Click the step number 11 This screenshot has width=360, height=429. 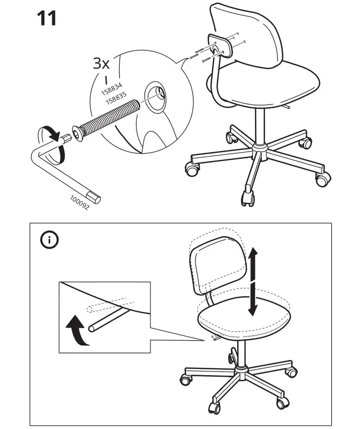pos(47,18)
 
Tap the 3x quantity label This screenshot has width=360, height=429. pos(101,64)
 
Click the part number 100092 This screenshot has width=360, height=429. pos(79,203)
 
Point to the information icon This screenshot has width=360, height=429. pos(50,241)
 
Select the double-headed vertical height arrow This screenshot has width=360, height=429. pos(252,282)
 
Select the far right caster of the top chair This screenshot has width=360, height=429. pos(321,179)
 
